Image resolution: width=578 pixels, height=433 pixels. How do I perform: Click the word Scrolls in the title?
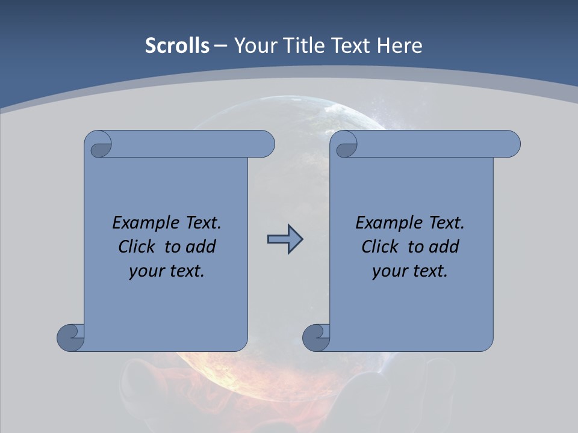click(x=177, y=46)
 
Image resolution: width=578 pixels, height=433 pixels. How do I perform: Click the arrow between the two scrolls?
click(x=285, y=239)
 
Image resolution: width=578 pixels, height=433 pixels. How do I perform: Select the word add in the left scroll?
click(x=201, y=247)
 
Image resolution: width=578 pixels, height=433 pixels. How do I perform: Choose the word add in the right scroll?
click(x=444, y=247)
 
